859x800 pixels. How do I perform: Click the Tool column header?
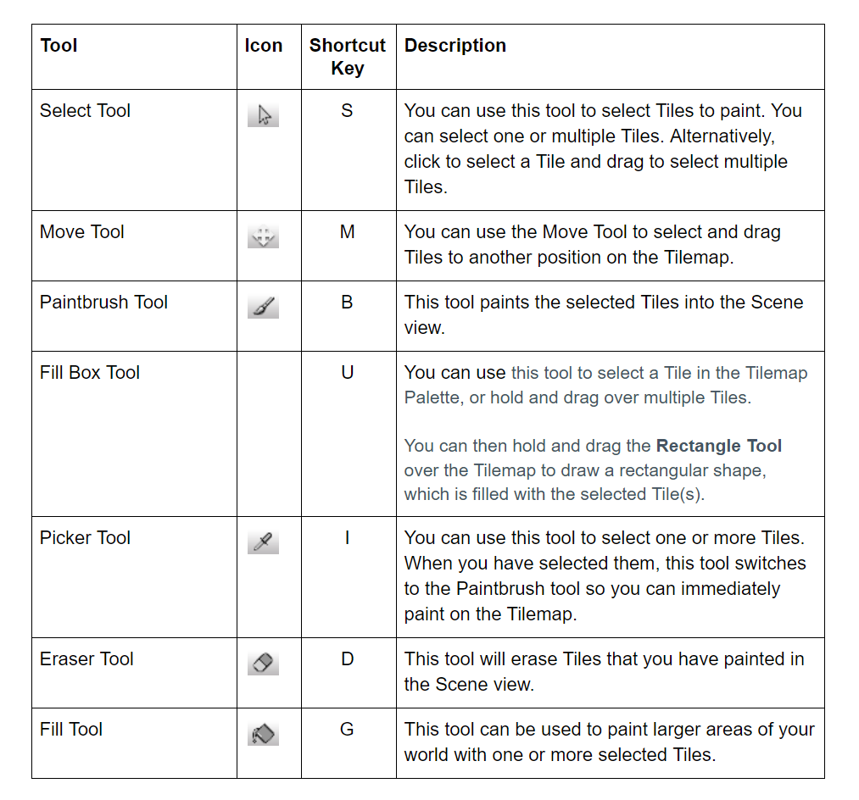59,46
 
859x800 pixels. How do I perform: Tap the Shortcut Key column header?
348,57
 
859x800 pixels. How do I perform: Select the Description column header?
455,46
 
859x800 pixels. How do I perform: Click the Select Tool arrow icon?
264,116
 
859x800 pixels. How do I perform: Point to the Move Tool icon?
264,237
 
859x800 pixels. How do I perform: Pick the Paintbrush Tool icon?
264,307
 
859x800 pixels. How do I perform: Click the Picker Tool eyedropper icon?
264,542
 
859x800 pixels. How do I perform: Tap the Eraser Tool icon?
264,664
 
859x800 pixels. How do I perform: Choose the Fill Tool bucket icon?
264,734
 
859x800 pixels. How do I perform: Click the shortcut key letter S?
347,111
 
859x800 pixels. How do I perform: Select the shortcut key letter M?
347,232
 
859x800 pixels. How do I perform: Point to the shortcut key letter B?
347,303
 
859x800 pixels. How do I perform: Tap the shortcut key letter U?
347,373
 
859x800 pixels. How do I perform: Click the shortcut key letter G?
347,730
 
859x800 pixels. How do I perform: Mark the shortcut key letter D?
347,659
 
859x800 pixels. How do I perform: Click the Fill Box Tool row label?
90,373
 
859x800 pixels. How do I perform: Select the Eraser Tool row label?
86,659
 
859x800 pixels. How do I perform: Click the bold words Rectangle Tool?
719,446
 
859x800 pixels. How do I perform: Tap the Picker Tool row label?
85,538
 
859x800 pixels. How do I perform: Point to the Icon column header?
264,46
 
